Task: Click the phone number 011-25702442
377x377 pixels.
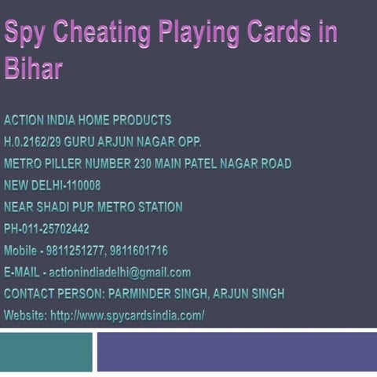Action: (x=56, y=229)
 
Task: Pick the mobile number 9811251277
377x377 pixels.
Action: (x=81, y=251)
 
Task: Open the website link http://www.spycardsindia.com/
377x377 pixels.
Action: (x=127, y=316)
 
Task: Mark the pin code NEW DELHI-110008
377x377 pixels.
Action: (x=52, y=185)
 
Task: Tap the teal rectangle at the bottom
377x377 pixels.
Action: (x=46, y=352)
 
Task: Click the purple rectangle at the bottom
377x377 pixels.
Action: (x=236, y=352)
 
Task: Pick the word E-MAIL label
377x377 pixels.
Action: (x=23, y=273)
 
